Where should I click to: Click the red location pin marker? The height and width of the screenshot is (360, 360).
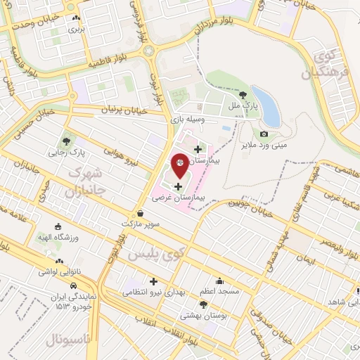tap(180, 164)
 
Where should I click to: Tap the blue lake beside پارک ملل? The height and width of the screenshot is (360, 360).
tap(265, 105)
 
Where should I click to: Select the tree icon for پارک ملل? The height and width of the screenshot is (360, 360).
tap(243, 94)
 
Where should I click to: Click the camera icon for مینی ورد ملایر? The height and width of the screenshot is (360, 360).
tap(264, 134)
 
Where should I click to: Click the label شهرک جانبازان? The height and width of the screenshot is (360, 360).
tap(89, 181)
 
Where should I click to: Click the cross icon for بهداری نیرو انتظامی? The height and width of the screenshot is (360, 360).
tap(153, 281)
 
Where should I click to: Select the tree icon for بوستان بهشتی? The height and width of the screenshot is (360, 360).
tap(203, 304)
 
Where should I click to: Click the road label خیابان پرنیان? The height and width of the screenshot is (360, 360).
tap(123, 110)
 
